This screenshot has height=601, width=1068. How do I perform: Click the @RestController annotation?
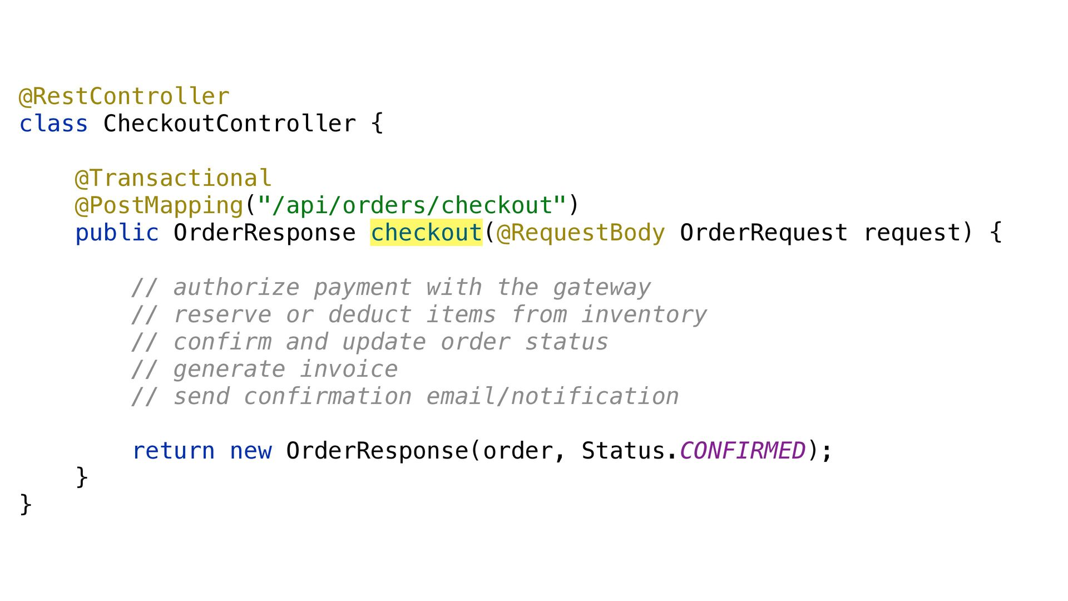(124, 96)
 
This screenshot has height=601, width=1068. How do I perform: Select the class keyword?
(53, 124)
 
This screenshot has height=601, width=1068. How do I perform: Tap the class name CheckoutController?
(229, 124)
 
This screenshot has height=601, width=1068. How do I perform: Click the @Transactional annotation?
(173, 178)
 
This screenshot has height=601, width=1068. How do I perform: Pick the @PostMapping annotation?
(159, 205)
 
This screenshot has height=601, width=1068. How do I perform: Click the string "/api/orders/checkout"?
(412, 205)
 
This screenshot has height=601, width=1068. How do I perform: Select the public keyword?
(117, 233)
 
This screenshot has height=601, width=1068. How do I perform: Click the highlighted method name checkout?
(426, 233)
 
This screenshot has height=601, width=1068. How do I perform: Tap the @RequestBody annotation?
(581, 233)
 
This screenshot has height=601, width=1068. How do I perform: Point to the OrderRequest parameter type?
(763, 233)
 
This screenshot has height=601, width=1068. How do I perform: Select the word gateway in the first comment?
(601, 287)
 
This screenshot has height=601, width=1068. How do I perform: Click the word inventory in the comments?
(644, 314)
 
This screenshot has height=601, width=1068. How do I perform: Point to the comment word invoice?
(349, 369)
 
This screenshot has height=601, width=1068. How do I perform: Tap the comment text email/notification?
(552, 396)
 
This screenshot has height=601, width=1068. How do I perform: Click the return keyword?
(173, 451)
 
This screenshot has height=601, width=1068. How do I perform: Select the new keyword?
(250, 451)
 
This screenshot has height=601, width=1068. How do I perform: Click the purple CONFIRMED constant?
(742, 451)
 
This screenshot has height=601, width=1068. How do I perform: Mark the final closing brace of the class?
(26, 505)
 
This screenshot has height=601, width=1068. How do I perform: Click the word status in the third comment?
(566, 342)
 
